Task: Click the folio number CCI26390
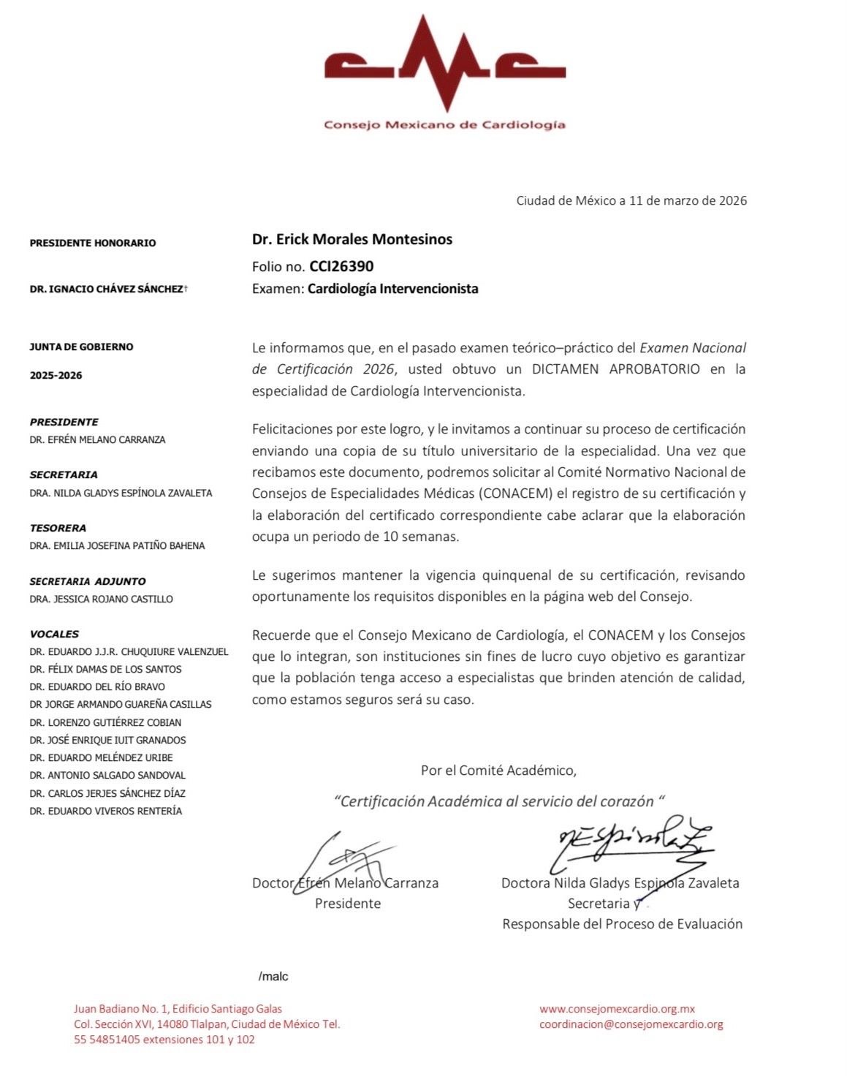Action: pyautogui.click(x=341, y=266)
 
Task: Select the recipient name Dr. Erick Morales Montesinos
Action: pyautogui.click(x=352, y=239)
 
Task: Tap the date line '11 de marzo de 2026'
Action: pyautogui.click(x=687, y=200)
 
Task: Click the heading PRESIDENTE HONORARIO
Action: pyautogui.click(x=93, y=243)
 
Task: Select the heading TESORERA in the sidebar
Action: pyautogui.click(x=58, y=528)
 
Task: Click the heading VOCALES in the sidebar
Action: pyautogui.click(x=54, y=634)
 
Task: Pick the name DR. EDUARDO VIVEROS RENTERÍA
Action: pyautogui.click(x=106, y=811)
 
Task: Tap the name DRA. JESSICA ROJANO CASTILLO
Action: pyautogui.click(x=102, y=599)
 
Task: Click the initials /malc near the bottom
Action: pyautogui.click(x=273, y=976)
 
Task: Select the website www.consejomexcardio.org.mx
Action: pyautogui.click(x=617, y=1009)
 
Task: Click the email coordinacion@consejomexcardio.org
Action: pyautogui.click(x=631, y=1024)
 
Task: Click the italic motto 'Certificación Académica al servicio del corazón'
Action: pyautogui.click(x=498, y=801)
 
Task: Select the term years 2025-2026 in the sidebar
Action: pyautogui.click(x=56, y=376)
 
